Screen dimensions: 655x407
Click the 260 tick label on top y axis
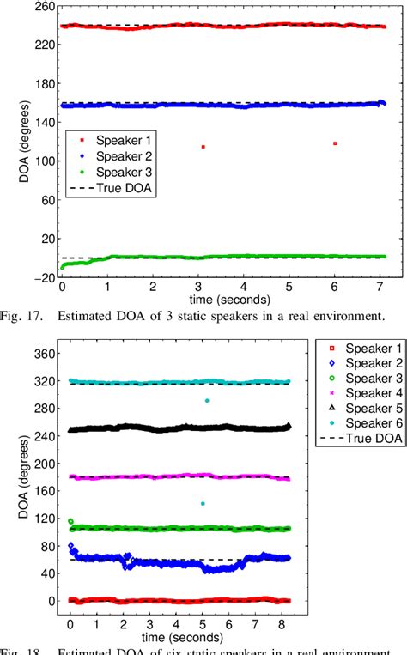[x=40, y=7]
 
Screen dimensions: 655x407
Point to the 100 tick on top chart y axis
[x=40, y=161]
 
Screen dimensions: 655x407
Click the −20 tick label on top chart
[x=39, y=276]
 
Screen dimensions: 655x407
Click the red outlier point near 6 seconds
[x=335, y=143]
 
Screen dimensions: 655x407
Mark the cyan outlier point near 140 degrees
[x=203, y=503]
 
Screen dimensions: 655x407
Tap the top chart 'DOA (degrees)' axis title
[x=13, y=142]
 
